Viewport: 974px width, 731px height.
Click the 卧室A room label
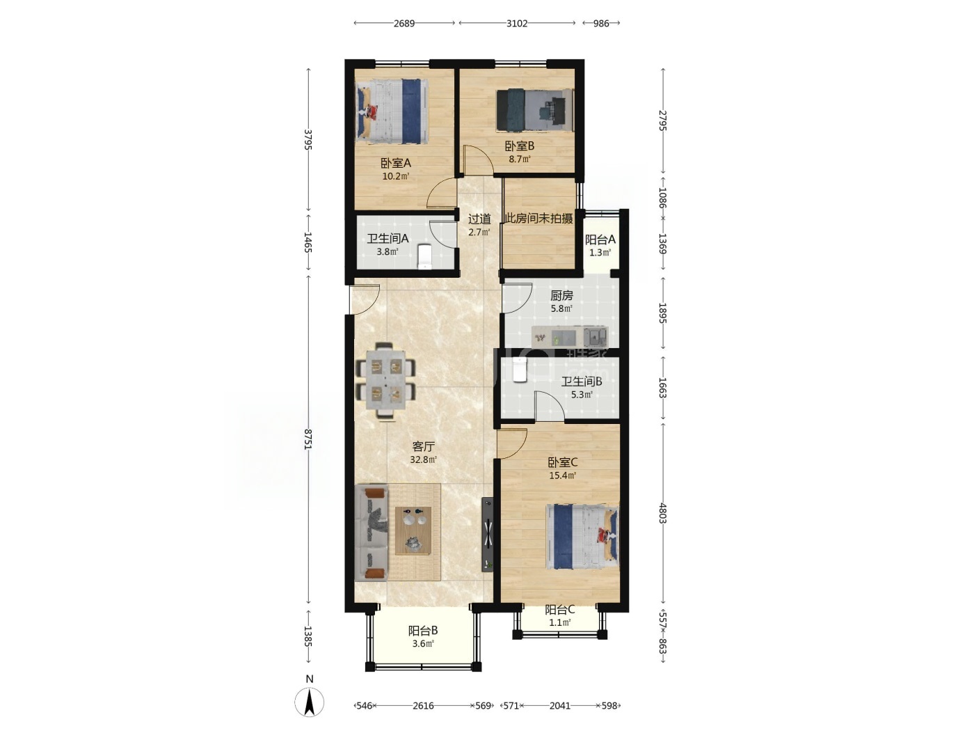pyautogui.click(x=396, y=163)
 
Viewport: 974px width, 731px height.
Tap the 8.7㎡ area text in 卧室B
pyautogui.click(x=520, y=159)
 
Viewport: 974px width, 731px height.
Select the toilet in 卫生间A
pyautogui.click(x=425, y=256)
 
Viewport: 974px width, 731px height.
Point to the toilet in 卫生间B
pyautogui.click(x=519, y=370)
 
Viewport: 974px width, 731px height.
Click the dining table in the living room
pyautogui.click(x=385, y=380)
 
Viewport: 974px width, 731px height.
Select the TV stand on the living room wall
pyautogui.click(x=488, y=534)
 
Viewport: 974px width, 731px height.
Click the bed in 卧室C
pyautogui.click(x=582, y=536)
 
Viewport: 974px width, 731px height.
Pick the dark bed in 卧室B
pyautogui.click(x=535, y=110)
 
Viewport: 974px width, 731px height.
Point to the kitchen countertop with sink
pyautogui.click(x=570, y=336)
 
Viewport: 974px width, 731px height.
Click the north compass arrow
pyautogui.click(x=310, y=702)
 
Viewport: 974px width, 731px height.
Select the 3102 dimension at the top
pyautogui.click(x=517, y=23)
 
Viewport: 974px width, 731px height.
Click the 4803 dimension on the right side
pyautogui.click(x=662, y=513)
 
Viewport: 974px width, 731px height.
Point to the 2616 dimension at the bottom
pyautogui.click(x=423, y=705)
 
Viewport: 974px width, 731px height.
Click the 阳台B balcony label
pyautogui.click(x=423, y=630)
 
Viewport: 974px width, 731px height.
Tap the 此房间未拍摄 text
pyautogui.click(x=539, y=219)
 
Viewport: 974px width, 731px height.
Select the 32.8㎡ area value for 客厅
pyautogui.click(x=423, y=459)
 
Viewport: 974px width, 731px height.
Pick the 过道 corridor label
pyautogui.click(x=479, y=219)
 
